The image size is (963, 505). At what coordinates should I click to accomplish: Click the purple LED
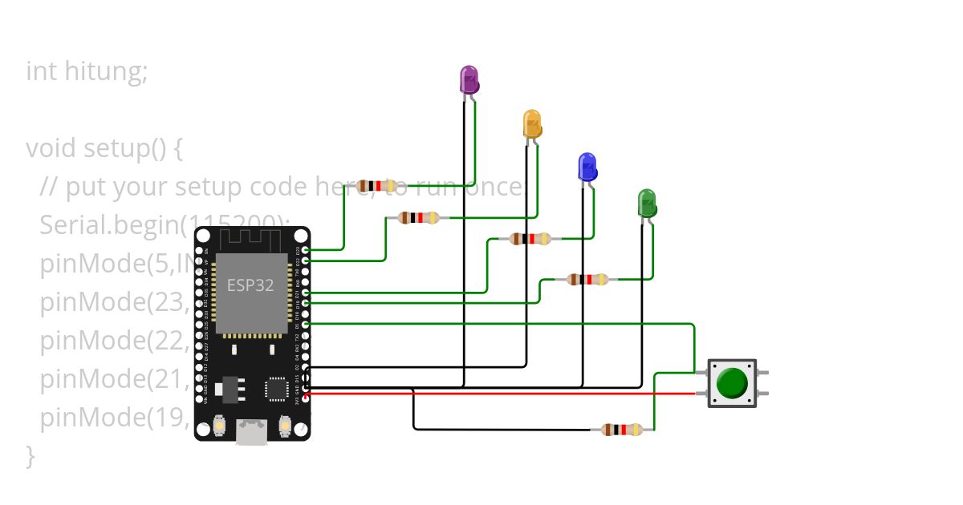coord(469,79)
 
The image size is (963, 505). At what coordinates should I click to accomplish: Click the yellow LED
coord(532,123)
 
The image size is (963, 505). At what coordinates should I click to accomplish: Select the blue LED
coord(587,167)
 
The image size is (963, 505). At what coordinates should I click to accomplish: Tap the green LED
coord(647,203)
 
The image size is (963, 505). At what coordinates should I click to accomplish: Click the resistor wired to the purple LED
coord(376,186)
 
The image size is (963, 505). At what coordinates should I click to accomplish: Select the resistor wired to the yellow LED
coord(419,217)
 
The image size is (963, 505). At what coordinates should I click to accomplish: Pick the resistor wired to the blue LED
coord(530,238)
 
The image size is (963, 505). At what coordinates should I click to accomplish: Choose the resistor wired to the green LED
coord(587,279)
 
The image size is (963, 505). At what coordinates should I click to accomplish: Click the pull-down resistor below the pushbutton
coord(622,430)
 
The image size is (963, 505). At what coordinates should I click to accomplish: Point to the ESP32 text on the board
coord(250,285)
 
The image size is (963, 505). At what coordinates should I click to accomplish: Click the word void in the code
coord(51,148)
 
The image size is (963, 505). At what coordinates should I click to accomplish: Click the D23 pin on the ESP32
coord(305,250)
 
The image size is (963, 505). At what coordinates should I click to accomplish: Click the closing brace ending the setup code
coord(30,455)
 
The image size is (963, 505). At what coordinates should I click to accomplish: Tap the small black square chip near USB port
coord(277,388)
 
